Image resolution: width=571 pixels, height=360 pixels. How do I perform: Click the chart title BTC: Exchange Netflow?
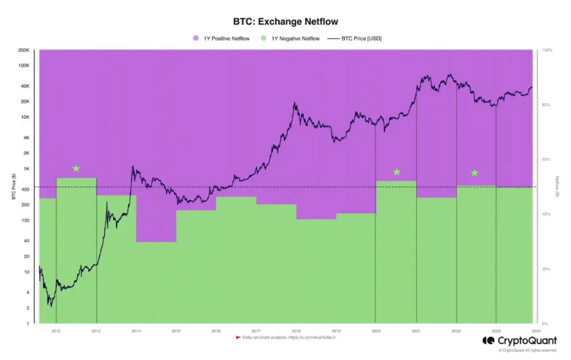pos(285,22)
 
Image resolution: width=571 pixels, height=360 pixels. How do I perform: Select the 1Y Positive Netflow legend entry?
pos(226,38)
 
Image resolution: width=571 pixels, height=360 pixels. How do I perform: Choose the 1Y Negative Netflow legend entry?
pos(294,38)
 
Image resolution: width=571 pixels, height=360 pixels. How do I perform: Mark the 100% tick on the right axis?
pos(546,50)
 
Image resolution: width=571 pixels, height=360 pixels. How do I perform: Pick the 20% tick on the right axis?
pos(545,269)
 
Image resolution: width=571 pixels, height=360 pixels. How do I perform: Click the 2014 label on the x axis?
pos(136,330)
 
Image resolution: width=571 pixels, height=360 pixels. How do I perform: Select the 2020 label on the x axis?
pos(376,330)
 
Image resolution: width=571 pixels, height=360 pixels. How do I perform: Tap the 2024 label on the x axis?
pos(536,330)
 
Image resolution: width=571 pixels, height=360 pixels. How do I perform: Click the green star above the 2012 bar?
pos(76,169)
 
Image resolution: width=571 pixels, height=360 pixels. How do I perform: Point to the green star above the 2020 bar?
pos(397,172)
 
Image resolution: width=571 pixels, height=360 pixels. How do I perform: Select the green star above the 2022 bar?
pos(474,173)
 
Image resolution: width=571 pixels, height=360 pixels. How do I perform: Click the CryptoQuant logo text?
pos(526,341)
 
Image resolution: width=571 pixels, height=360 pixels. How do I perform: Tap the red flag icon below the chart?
pos(238,338)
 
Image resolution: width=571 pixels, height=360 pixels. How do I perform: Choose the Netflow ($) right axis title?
pos(557,186)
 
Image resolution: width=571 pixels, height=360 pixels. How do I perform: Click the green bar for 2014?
pos(156,282)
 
